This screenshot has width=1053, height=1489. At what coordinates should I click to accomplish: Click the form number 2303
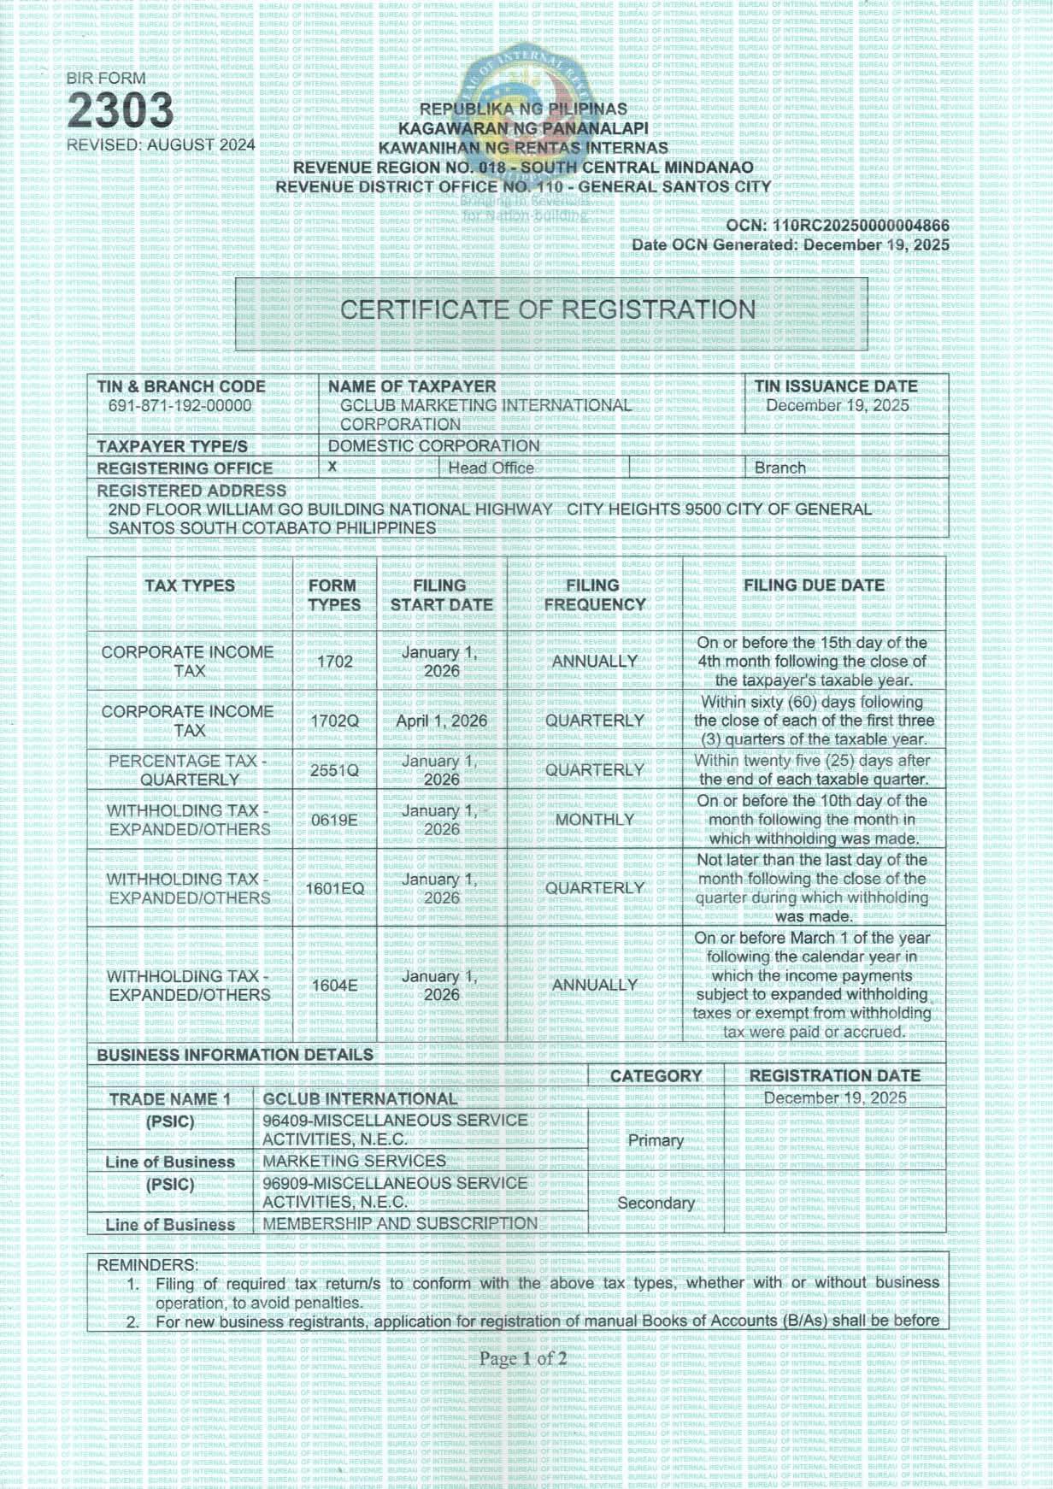120,111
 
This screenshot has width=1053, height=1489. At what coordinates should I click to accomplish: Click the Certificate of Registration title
548,309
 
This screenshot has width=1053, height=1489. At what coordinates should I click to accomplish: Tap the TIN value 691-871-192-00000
179,406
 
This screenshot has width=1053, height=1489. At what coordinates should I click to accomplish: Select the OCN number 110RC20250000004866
861,226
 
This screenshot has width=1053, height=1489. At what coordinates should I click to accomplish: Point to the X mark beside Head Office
332,467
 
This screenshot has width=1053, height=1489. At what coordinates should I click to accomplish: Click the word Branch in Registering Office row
779,468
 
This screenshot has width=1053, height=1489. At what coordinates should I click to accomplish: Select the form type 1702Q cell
334,721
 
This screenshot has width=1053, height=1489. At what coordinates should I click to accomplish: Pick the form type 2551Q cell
334,770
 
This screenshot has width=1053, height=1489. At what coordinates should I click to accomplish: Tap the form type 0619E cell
334,820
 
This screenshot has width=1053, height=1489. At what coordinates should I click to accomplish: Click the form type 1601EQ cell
334,889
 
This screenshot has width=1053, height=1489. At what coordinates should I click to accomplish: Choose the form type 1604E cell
334,986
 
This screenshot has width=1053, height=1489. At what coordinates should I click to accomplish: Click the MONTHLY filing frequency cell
594,820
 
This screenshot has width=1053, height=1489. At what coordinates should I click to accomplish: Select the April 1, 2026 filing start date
441,721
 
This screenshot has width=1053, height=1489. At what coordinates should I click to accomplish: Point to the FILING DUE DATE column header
814,586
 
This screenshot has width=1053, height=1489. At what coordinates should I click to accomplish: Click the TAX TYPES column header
189,586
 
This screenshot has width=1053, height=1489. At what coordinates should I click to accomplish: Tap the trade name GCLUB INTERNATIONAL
360,1099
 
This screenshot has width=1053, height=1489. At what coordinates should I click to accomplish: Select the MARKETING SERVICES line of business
354,1162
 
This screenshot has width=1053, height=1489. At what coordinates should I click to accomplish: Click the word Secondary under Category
656,1204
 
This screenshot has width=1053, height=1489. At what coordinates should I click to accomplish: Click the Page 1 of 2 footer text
523,1358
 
